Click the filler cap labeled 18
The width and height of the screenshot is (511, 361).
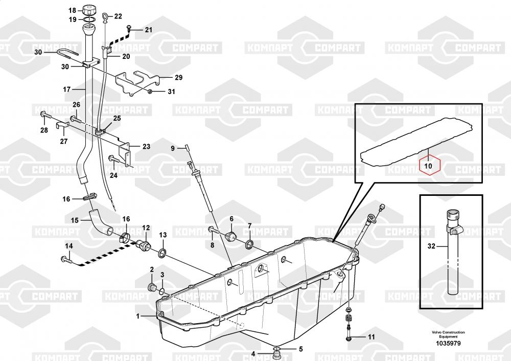[89, 10]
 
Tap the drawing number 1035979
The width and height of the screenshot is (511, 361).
[448, 344]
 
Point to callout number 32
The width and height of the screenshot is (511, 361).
[431, 246]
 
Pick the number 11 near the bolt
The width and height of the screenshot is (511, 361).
[371, 337]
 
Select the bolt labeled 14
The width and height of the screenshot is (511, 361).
[68, 260]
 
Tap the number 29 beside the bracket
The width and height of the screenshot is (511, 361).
[178, 77]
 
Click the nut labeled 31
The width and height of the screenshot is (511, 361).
[150, 92]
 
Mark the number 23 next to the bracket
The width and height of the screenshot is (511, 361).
[146, 146]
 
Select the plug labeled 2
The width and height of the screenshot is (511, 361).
[152, 287]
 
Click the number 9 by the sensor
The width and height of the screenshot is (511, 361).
[173, 148]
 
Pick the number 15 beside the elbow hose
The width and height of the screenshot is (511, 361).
[75, 220]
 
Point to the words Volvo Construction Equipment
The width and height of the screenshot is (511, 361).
[448, 334]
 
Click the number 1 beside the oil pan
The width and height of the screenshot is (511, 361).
[138, 316]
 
